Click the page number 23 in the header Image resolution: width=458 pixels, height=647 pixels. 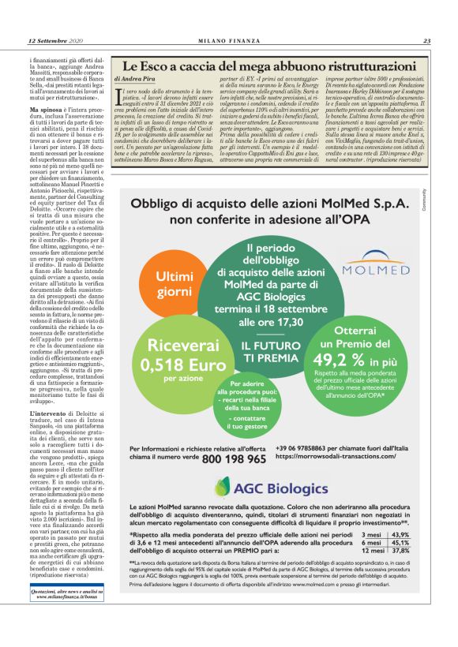(426, 40)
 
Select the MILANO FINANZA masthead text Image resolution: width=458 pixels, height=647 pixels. (228, 40)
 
